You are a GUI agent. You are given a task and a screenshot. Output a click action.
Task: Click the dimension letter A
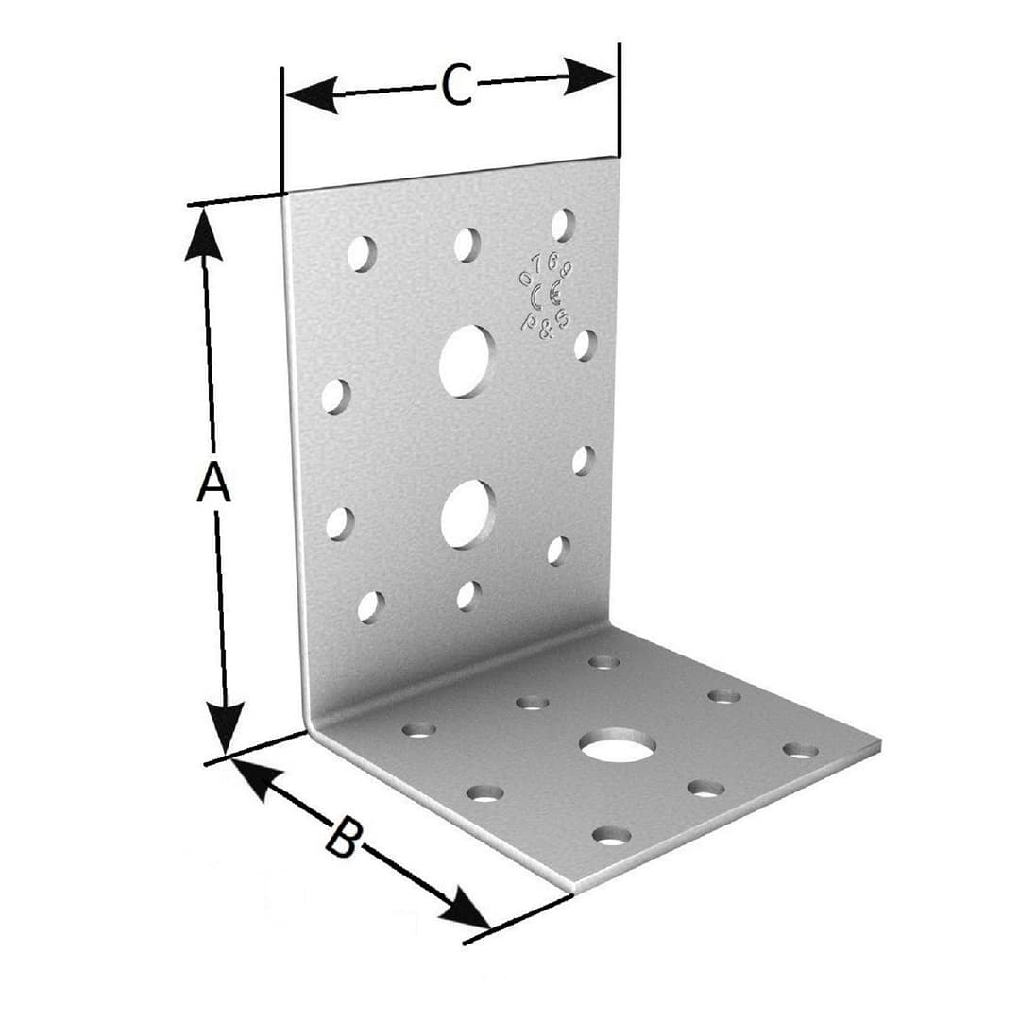point(212,483)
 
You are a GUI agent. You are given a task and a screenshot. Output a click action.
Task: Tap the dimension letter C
point(456,87)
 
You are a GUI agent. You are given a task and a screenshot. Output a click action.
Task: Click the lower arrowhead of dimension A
point(225,727)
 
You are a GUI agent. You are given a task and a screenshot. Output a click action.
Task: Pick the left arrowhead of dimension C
point(310,95)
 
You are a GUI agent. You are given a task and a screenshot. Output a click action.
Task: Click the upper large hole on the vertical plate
point(467,361)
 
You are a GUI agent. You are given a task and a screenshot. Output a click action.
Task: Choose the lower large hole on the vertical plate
point(467,514)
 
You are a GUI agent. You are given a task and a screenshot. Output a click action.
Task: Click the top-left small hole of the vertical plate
point(361,253)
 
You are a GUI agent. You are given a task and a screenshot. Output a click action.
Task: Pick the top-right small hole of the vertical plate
point(563,225)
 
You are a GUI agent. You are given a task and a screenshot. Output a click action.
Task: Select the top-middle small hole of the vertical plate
point(467,245)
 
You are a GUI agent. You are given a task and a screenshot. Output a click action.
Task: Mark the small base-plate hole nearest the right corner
point(800,750)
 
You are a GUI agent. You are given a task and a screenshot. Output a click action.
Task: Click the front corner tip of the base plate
point(573,889)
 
